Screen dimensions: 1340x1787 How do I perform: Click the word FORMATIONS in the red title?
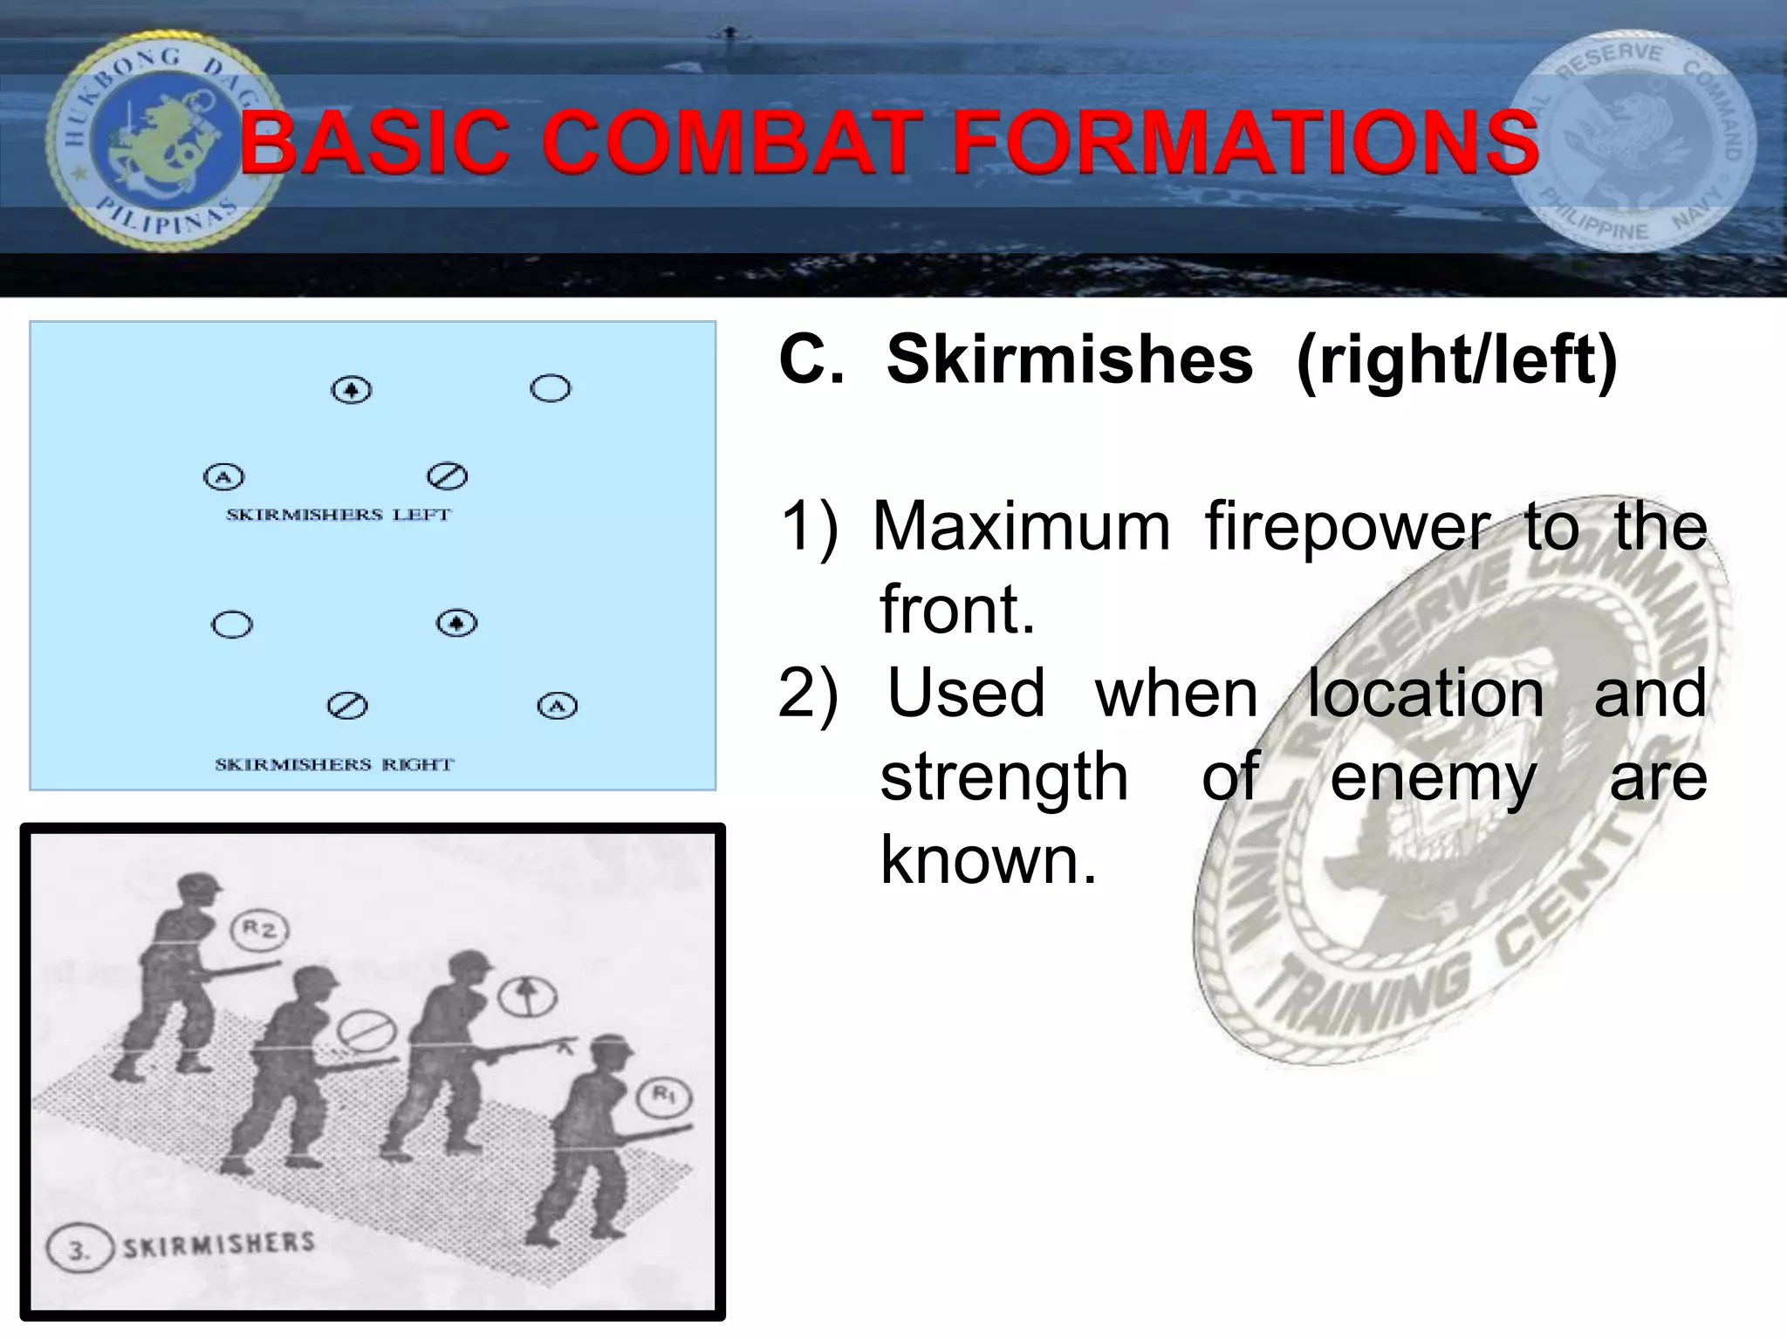(1245, 142)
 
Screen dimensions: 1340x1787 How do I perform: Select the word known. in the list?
(989, 859)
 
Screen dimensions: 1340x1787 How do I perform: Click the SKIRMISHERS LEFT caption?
(339, 515)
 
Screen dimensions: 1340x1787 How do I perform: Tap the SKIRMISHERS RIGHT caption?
(334, 765)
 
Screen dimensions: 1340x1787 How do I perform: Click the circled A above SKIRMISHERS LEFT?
(224, 477)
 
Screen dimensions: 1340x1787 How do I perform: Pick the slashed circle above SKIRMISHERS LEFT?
(448, 476)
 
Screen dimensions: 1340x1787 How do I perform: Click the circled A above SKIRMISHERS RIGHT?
(558, 706)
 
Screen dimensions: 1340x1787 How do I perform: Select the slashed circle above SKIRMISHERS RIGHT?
(347, 706)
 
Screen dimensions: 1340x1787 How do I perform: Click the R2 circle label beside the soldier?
(259, 930)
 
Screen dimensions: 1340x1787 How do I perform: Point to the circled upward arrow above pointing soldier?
(527, 996)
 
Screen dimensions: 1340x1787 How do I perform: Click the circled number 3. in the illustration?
(79, 1248)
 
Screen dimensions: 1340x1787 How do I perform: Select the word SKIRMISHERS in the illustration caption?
(218, 1243)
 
